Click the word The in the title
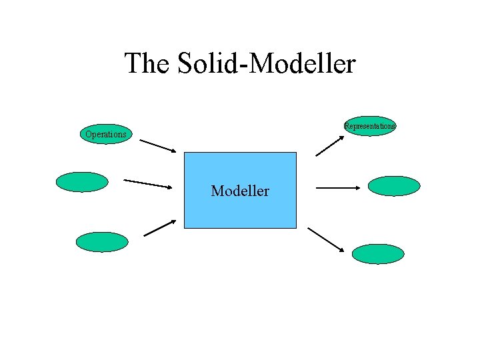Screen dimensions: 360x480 click(147, 64)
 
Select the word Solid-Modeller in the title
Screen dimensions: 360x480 click(267, 64)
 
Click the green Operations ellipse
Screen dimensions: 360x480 click(105, 134)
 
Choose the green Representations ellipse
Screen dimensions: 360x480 click(370, 125)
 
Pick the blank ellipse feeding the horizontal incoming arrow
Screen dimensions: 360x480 click(82, 181)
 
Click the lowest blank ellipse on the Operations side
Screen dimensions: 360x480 click(101, 241)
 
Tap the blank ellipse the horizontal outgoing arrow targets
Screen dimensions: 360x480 click(394, 185)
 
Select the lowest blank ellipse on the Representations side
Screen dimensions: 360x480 click(378, 253)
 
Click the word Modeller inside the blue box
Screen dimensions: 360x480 click(240, 191)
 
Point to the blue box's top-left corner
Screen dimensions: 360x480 click(184, 153)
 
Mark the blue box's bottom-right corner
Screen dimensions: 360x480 click(295, 229)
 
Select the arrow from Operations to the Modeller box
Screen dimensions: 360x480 click(159, 146)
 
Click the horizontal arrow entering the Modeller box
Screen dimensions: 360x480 click(148, 183)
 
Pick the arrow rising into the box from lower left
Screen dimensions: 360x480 click(160, 228)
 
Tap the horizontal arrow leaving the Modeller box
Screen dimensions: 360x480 click(337, 188)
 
